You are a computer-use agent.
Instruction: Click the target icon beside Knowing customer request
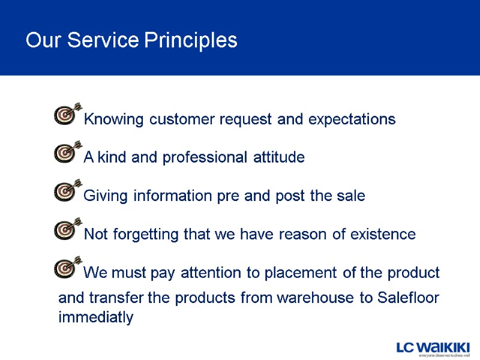(67, 114)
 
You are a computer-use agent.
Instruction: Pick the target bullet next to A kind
(67, 152)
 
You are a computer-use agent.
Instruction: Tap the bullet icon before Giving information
(67, 191)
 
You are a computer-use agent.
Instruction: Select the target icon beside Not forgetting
(67, 229)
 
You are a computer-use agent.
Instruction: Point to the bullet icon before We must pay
(67, 267)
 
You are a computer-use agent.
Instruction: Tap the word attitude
(277, 158)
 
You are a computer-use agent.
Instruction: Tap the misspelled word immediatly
(95, 318)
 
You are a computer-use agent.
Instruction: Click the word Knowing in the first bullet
(115, 119)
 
